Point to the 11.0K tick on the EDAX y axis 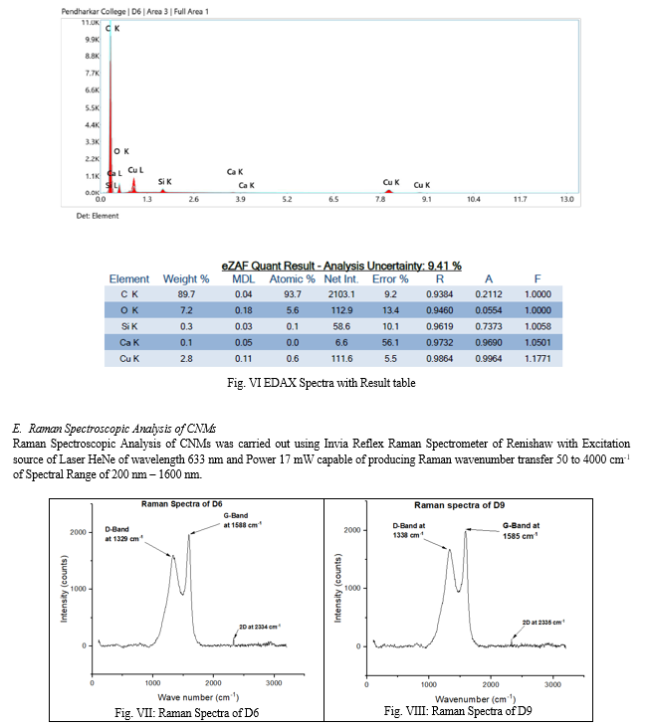(89, 21)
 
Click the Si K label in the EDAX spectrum (165, 182)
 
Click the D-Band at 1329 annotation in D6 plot (121, 534)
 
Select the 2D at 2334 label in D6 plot (259, 626)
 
